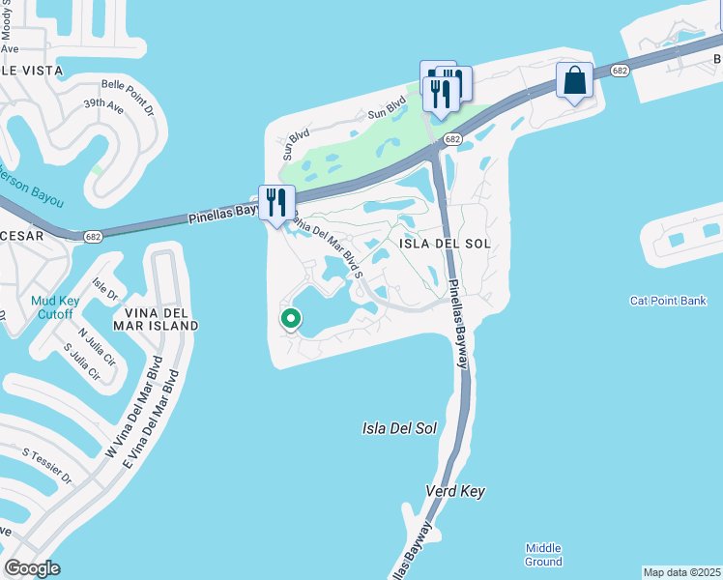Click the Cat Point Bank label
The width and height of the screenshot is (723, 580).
[x=668, y=302]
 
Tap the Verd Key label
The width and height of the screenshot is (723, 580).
[x=455, y=492]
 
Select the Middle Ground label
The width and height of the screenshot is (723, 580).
[x=543, y=555]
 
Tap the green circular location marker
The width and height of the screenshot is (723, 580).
[x=290, y=318]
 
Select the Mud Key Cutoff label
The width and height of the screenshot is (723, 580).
[x=52, y=308]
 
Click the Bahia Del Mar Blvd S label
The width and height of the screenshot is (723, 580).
[x=323, y=245]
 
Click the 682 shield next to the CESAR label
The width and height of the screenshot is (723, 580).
[x=93, y=235]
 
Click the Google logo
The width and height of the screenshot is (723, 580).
[x=32, y=568]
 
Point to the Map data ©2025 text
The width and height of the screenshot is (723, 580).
[x=680, y=572]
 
